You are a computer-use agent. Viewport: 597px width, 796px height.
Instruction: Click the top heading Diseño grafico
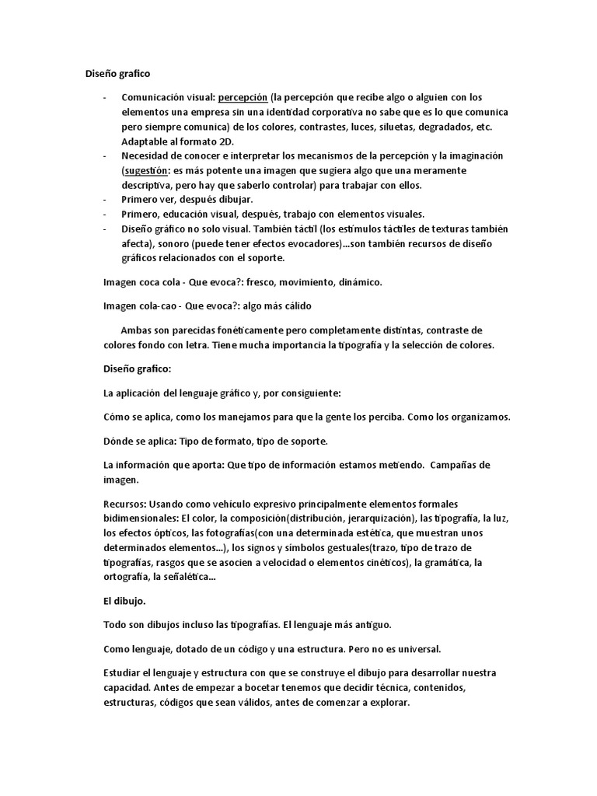[x=117, y=74]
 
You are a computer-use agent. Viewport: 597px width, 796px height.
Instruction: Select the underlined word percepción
[x=243, y=97]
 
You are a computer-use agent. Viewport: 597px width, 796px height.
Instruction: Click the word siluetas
[x=382, y=127]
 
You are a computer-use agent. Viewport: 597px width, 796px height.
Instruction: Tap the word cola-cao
[x=159, y=305]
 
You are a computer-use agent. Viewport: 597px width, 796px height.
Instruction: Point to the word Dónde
[x=119, y=441]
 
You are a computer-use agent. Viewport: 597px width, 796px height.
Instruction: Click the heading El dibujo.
[x=124, y=602]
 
